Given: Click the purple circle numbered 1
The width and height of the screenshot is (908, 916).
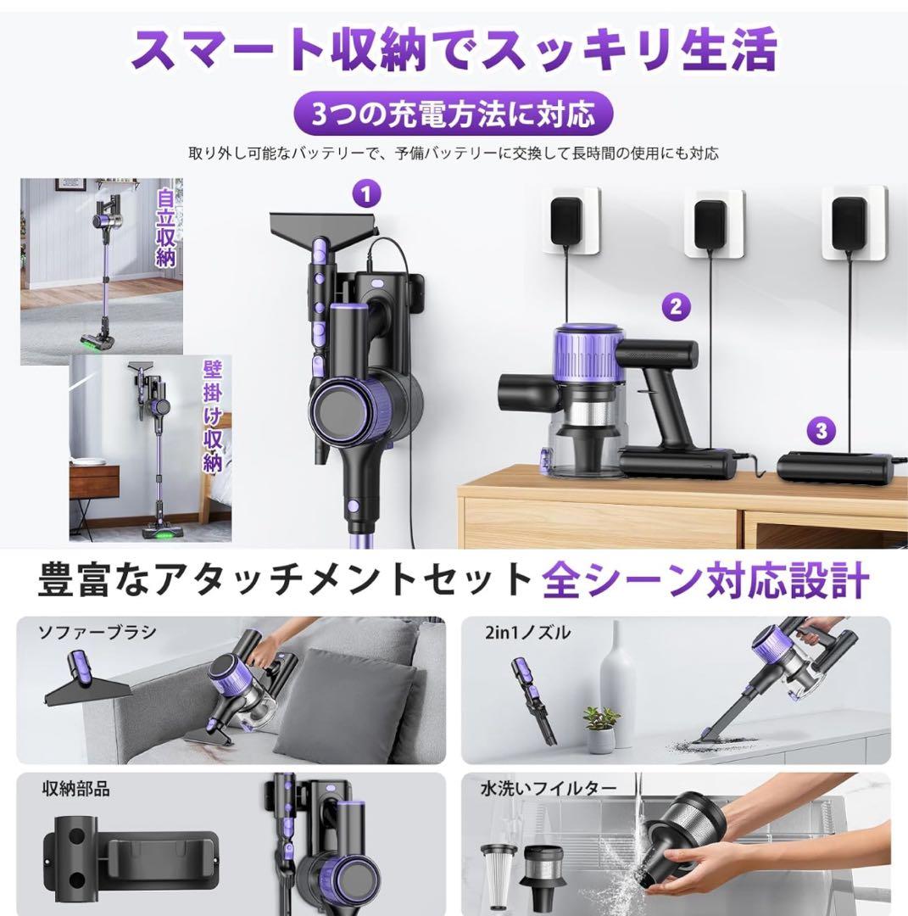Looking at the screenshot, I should point(366,194).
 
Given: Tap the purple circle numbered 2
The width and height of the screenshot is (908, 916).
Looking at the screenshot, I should point(675,307).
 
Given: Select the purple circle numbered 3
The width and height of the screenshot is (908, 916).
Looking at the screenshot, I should point(820,430).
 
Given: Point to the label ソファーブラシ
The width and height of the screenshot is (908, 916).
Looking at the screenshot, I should point(85,632).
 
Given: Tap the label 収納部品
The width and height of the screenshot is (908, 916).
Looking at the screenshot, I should point(75,790).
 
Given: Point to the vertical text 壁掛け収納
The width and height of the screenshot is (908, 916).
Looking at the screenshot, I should point(212,416).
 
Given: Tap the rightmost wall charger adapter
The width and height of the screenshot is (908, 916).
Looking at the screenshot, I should point(852,221).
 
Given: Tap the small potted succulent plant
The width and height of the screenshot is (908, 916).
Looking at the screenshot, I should point(601,729).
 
